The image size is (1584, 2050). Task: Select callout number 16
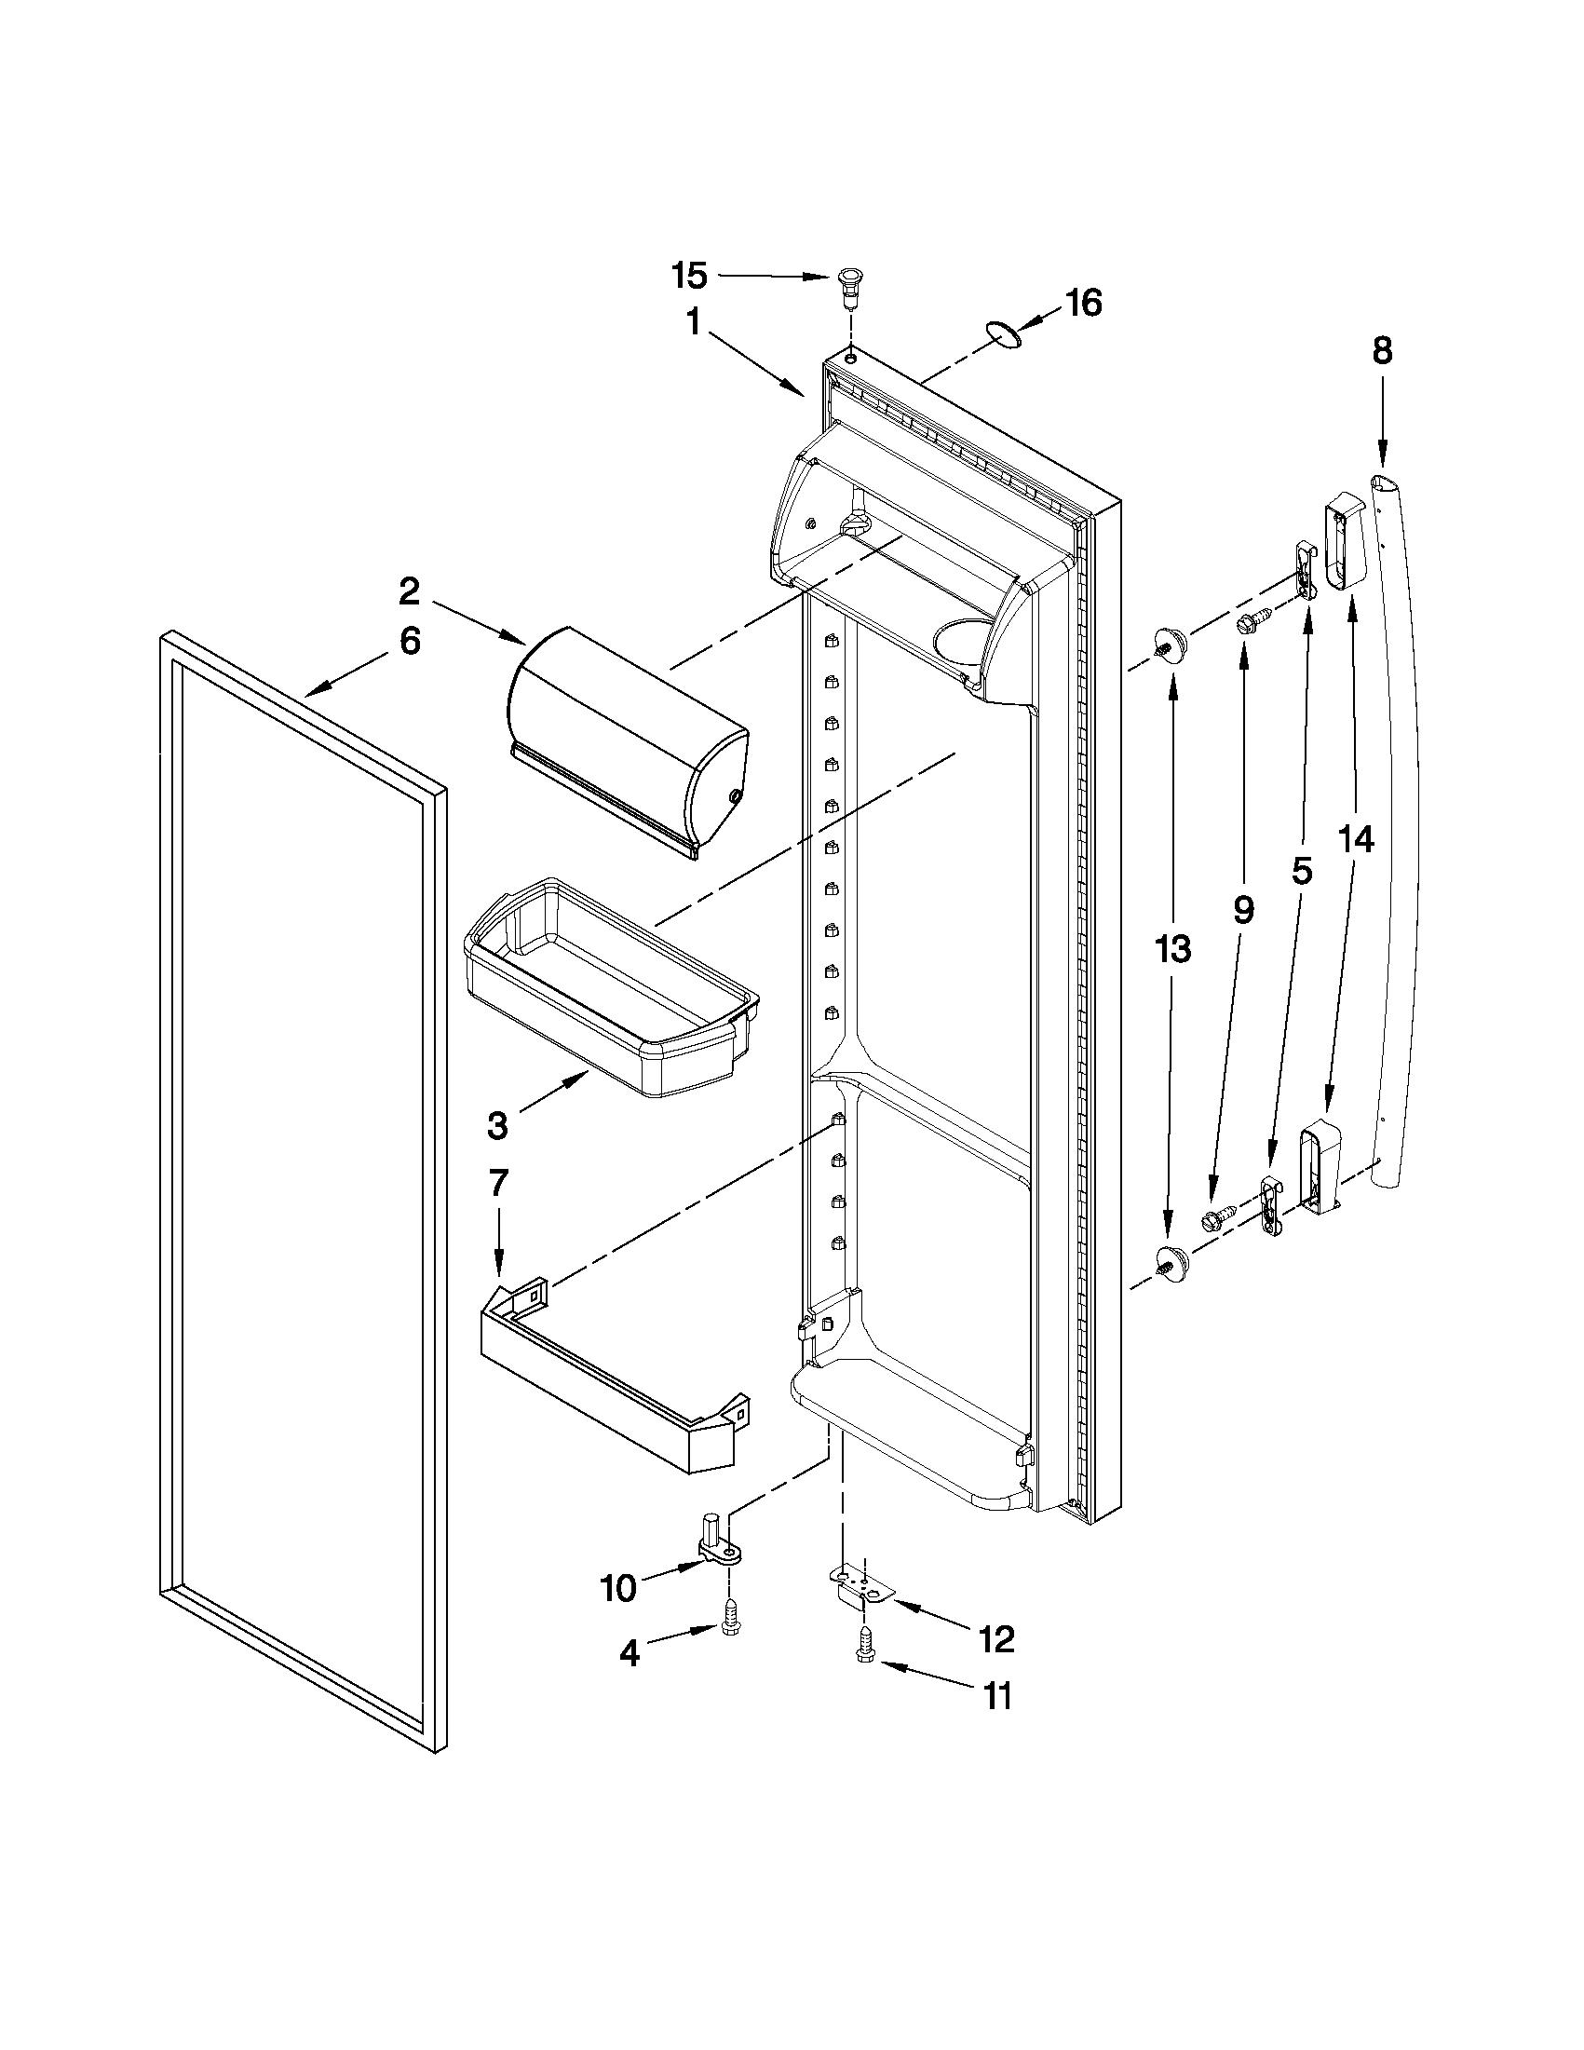pyautogui.click(x=1084, y=305)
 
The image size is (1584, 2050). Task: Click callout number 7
pyautogui.click(x=497, y=1183)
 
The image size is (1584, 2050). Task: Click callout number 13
pyautogui.click(x=1172, y=949)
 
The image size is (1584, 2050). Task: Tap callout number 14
pyautogui.click(x=1356, y=839)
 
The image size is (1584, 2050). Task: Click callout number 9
pyautogui.click(x=1242, y=909)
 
